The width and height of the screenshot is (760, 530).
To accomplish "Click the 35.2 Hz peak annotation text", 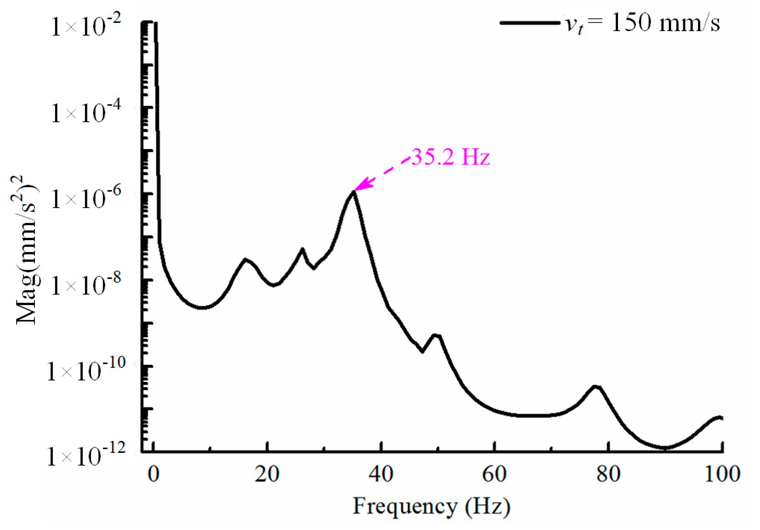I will [x=450, y=157].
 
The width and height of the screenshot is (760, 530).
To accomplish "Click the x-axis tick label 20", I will [x=267, y=474].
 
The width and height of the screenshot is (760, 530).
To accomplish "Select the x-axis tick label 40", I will [x=381, y=474].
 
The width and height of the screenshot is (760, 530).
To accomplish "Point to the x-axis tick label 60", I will [x=494, y=474].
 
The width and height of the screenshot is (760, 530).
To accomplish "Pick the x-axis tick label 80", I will [x=608, y=474].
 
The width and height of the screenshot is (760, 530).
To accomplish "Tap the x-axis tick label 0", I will [x=153, y=474].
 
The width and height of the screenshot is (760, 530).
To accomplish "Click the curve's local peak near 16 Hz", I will [x=245, y=259].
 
